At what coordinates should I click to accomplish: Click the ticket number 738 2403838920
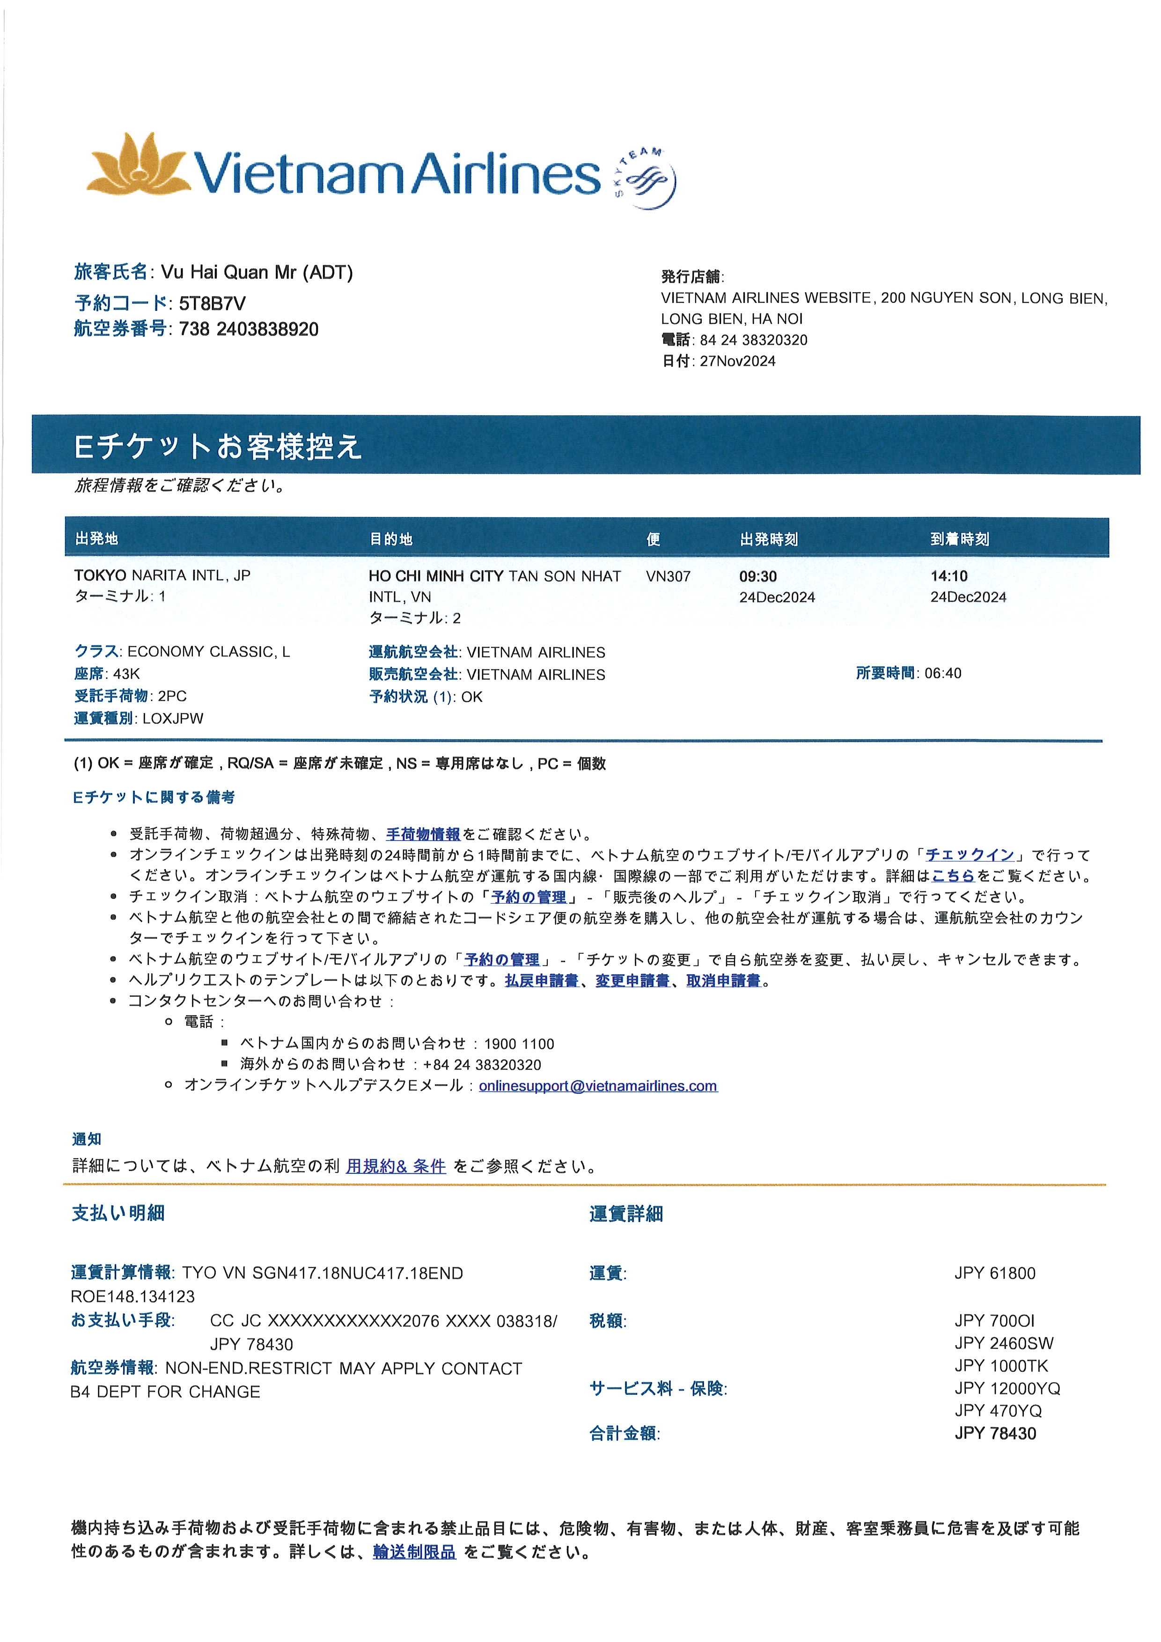(x=248, y=329)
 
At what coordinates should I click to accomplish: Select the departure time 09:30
(x=758, y=576)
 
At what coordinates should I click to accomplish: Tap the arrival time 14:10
(x=948, y=576)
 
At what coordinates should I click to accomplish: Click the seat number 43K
(x=126, y=674)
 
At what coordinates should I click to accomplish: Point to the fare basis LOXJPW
(x=173, y=719)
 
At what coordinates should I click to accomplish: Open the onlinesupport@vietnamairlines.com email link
(x=598, y=1086)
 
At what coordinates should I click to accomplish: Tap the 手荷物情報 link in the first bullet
(x=423, y=834)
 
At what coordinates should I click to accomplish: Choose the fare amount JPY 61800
(x=994, y=1273)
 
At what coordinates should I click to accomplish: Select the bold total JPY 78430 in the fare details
(x=994, y=1433)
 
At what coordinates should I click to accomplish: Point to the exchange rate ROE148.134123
(x=132, y=1296)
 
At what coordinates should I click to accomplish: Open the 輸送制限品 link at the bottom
(x=414, y=1552)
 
